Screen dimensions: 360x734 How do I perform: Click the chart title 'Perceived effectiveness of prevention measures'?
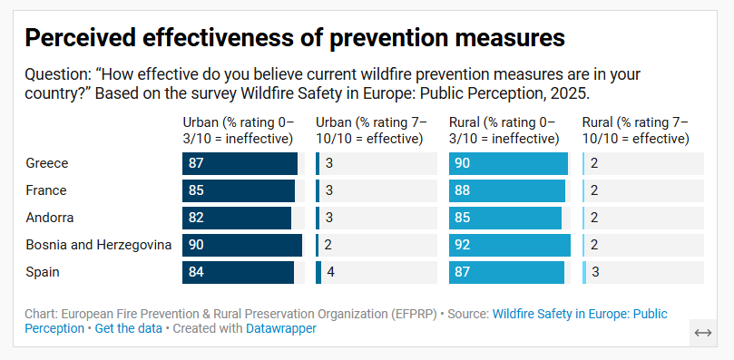pos(295,37)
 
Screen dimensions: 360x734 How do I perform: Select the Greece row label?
pos(47,163)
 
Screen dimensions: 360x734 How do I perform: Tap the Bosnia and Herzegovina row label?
pos(99,245)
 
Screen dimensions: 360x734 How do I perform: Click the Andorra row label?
pos(50,218)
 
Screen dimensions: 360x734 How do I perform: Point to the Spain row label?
pos(43,272)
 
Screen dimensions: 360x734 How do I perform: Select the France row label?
pos(46,190)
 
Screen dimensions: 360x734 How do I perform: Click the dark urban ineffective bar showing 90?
pos(242,245)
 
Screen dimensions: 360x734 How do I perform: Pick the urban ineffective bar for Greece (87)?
pos(240,163)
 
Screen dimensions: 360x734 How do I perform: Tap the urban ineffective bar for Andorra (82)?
pos(237,218)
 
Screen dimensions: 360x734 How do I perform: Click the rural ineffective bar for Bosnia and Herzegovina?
pos(510,245)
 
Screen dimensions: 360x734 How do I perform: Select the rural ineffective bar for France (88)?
pos(507,190)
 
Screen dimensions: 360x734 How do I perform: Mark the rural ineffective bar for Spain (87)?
pos(506,272)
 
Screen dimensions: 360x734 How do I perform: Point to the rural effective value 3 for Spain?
pos(595,272)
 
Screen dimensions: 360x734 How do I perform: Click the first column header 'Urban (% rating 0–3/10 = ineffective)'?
pos(238,131)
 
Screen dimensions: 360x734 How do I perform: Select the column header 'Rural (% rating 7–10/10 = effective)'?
pos(636,131)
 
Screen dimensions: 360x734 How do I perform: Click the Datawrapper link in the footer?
pos(281,328)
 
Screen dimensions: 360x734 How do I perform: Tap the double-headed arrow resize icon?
pos(703,333)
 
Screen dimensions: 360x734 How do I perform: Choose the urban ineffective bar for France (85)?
pos(239,190)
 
